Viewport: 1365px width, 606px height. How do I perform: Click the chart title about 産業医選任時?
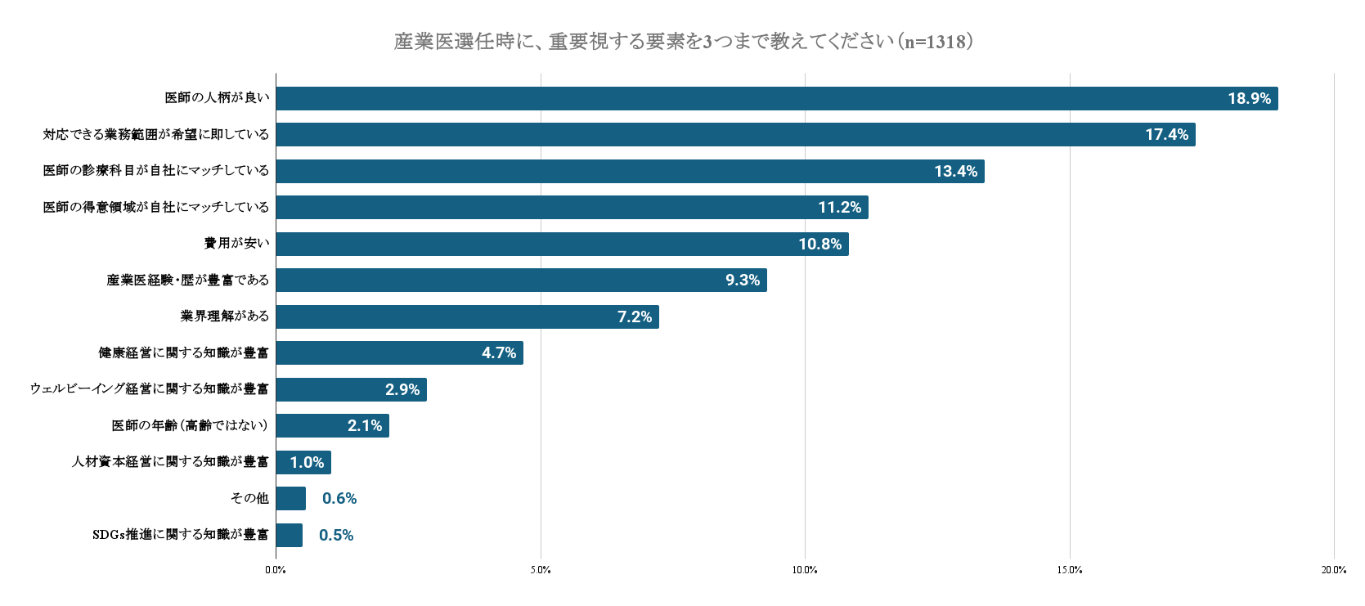[683, 41]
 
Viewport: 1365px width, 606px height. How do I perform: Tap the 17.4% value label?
[1166, 135]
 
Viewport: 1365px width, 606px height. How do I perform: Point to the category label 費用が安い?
[236, 244]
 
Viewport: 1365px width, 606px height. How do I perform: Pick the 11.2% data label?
[839, 208]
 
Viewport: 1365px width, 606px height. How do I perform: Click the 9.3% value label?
[742, 281]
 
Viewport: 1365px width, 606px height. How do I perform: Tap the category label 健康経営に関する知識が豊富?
[183, 353]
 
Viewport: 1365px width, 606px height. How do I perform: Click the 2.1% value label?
[365, 426]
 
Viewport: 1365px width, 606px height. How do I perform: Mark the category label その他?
[249, 498]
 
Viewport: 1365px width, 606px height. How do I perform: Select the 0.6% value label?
[339, 499]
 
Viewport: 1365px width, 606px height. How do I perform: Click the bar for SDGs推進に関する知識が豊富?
[289, 535]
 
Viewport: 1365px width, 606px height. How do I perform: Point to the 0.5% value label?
[336, 536]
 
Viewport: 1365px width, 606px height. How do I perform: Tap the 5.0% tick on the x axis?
[540, 570]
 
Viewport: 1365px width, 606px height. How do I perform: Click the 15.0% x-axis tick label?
[1069, 570]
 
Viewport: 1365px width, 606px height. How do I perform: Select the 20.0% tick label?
[1333, 570]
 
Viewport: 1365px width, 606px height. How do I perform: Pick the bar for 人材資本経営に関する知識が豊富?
[303, 462]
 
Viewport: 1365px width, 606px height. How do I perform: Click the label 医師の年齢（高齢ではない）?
[190, 426]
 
